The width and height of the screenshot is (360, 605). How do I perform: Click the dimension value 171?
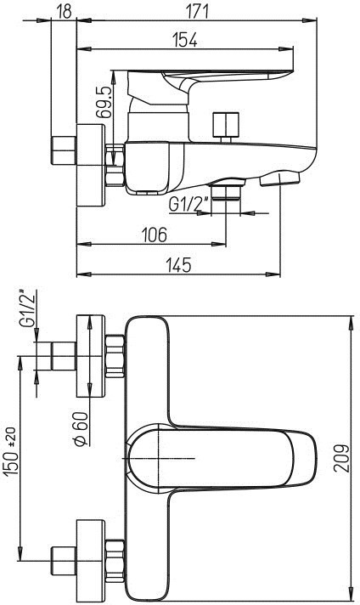[x=197, y=11]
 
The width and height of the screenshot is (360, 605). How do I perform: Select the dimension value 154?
[x=185, y=40]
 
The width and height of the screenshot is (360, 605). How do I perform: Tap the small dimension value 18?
[x=64, y=11]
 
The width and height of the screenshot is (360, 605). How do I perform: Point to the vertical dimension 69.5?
[x=104, y=102]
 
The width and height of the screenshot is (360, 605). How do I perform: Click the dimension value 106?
[x=155, y=235]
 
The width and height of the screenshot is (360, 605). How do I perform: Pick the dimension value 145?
[x=178, y=265]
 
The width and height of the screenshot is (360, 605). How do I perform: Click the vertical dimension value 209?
[x=341, y=458]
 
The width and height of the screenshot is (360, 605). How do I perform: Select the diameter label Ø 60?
[x=81, y=429]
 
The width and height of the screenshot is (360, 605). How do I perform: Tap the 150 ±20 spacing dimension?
[x=12, y=451]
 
